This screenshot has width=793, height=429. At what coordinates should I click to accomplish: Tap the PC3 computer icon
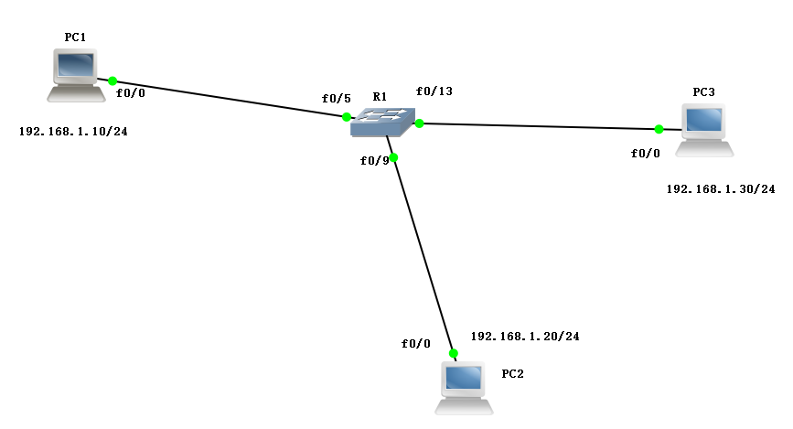[x=705, y=129]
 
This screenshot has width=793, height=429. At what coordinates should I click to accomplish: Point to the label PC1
[x=75, y=37]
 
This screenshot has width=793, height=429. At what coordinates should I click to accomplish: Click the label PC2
[x=513, y=374]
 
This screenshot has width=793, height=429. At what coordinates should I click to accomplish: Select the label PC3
[x=704, y=92]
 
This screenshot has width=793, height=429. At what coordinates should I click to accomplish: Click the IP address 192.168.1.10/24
[x=73, y=132]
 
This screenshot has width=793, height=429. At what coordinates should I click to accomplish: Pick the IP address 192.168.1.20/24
[x=525, y=337]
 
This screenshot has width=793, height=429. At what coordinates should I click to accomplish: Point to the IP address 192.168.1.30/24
[x=721, y=189]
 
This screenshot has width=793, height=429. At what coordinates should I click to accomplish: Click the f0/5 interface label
[x=336, y=99]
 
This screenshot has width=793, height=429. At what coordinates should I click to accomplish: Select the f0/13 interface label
[x=434, y=91]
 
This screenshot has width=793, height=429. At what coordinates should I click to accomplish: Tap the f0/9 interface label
[x=375, y=161]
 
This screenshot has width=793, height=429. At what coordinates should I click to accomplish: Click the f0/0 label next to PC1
[x=131, y=92]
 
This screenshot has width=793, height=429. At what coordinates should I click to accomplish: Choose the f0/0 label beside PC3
[x=645, y=154]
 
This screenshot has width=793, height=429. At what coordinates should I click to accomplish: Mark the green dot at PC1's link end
[x=113, y=80]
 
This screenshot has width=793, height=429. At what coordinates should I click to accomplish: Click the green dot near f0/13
[x=419, y=123]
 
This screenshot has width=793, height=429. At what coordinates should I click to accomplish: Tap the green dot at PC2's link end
[x=452, y=352]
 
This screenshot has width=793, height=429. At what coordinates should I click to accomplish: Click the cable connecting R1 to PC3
[x=540, y=125]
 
